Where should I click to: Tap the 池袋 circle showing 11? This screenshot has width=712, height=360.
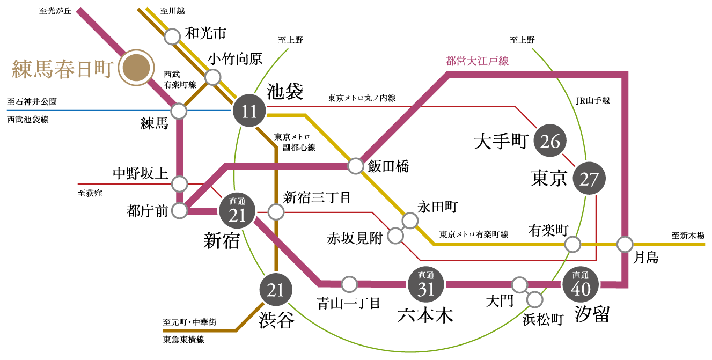[249, 112]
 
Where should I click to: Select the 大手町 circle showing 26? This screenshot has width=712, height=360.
[550, 141]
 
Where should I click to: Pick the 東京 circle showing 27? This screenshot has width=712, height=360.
[589, 178]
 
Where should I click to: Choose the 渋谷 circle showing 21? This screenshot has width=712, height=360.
[276, 290]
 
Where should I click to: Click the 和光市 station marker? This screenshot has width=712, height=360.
[172, 36]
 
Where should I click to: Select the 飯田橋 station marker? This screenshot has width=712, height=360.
[356, 166]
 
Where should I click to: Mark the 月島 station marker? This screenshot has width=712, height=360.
[625, 244]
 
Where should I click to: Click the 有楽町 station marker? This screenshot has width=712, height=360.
[573, 244]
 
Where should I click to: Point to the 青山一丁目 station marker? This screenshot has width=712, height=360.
[349, 283]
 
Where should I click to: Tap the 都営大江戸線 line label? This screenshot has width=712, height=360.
[477, 61]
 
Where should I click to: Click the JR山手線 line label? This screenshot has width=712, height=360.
[592, 100]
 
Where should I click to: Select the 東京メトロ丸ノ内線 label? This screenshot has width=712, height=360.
[362, 98]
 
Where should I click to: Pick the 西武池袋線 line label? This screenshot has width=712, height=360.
[28, 120]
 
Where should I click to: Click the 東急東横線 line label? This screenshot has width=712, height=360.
[183, 340]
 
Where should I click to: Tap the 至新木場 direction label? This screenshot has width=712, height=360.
[688, 235]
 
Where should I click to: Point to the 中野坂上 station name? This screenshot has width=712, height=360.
[141, 173]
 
